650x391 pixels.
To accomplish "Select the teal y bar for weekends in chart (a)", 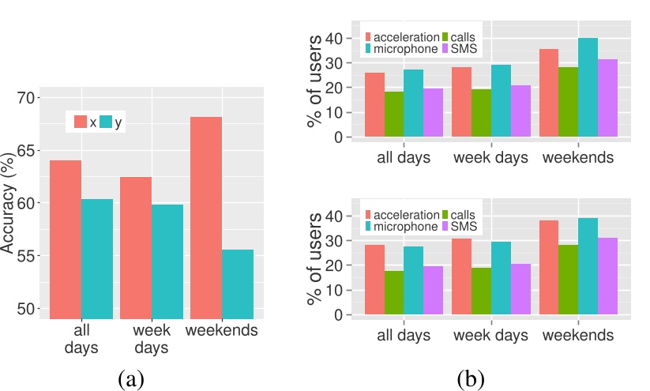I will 238,284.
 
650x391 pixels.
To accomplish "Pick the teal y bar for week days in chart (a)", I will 167,261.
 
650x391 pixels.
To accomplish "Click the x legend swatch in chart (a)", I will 81,122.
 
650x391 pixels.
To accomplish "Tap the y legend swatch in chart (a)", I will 107,122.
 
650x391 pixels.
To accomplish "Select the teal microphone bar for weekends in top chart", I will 587,89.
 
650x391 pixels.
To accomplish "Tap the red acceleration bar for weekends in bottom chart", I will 553,269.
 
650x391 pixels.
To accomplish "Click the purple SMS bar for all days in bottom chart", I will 432,291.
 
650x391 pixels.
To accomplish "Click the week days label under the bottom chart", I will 491,335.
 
